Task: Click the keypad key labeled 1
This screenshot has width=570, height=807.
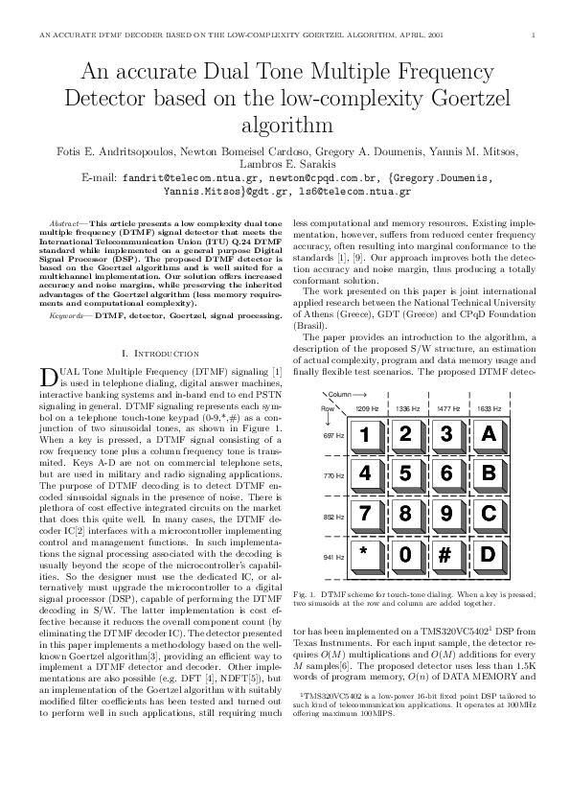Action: pos(365,434)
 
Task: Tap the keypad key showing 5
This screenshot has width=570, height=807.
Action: pos(406,473)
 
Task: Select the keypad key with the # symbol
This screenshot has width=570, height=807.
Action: pos(446,554)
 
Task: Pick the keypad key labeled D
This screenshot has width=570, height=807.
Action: pos(488,554)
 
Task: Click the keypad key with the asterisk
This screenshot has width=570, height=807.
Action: pos(365,554)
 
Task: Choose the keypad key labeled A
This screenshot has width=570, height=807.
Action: pos(488,434)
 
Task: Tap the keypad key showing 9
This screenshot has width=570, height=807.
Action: pos(446,514)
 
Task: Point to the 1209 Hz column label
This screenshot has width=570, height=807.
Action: pos(367,408)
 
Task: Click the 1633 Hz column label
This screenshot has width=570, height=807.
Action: pos(490,408)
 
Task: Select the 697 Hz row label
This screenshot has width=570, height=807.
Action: pos(332,435)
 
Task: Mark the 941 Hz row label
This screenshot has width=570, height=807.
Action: pos(332,556)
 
